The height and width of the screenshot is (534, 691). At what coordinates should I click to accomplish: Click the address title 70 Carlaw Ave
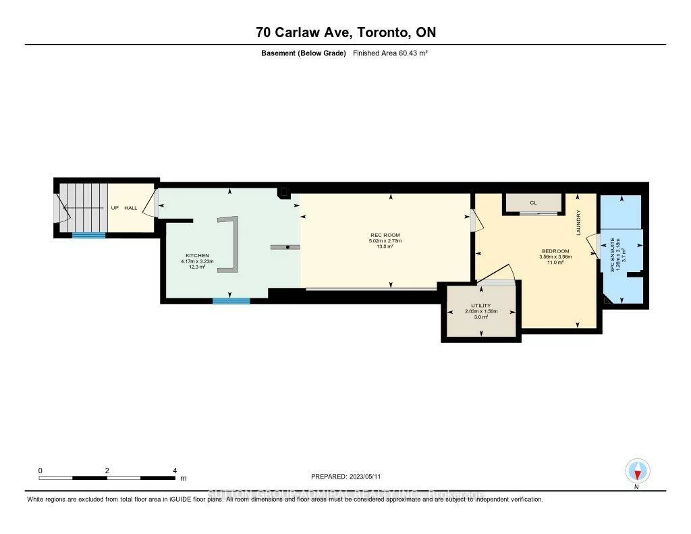(x=345, y=32)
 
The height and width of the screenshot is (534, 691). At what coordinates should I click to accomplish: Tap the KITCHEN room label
(x=192, y=256)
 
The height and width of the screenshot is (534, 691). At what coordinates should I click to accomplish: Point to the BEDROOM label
(x=555, y=251)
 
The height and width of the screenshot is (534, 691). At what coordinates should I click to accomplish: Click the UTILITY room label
(x=480, y=306)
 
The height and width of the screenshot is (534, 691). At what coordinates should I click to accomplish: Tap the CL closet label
(x=533, y=202)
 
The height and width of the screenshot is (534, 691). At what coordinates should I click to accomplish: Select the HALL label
(x=130, y=208)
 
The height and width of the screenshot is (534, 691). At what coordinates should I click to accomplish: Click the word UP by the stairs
(x=115, y=208)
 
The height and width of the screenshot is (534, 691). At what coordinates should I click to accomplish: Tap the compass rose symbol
(x=637, y=471)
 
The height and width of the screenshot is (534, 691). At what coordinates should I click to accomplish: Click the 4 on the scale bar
(x=174, y=470)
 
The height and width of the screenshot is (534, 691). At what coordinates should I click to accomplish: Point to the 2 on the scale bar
(x=107, y=470)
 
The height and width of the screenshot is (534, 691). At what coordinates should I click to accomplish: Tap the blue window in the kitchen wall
(x=231, y=301)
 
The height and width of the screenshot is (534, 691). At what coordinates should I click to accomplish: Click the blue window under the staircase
(x=89, y=236)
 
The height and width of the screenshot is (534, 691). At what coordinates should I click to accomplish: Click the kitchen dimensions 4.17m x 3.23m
(x=192, y=261)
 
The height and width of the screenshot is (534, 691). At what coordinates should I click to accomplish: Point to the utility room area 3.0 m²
(x=480, y=317)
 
